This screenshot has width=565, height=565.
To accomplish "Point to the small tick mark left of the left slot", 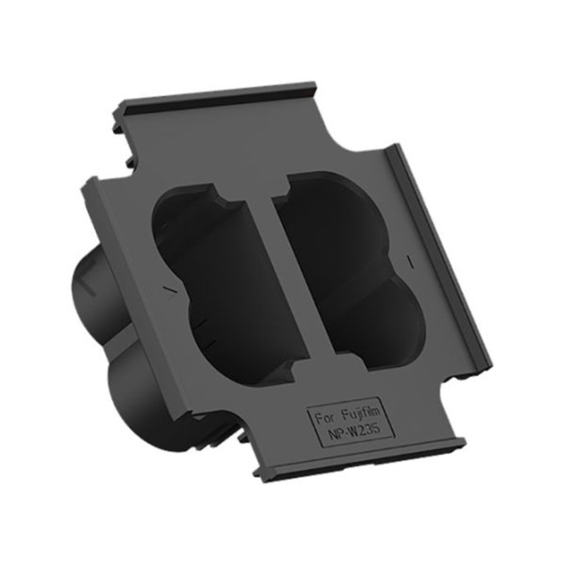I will (168, 289).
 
